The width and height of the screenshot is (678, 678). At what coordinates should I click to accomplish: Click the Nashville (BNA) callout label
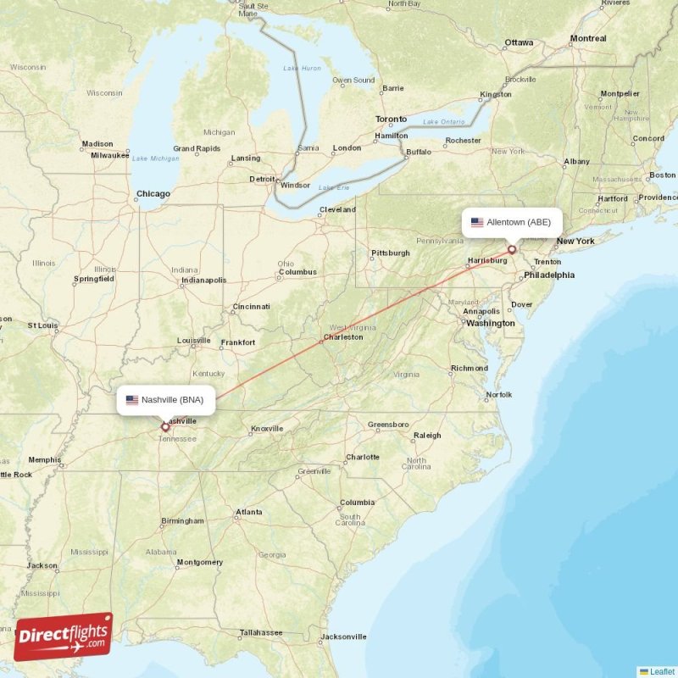pos(166,399)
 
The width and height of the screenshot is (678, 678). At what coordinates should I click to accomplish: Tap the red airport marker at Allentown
pos(512,249)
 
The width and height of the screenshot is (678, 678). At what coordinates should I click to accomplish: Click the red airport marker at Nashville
pos(165,427)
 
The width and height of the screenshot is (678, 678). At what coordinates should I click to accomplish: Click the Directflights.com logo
pos(63,636)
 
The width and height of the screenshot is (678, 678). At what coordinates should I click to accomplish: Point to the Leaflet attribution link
pos(659,671)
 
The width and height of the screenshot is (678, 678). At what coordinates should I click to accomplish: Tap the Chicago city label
pos(153,194)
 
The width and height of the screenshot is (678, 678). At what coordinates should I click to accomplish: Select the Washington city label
pos(490,323)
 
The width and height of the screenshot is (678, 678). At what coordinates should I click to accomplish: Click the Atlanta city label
pos(248,512)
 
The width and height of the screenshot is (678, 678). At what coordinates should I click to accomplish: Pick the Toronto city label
pos(391,119)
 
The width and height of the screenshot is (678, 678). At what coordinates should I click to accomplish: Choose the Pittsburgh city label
pos(390,253)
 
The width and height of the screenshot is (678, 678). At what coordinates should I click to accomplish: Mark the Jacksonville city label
pos(342,636)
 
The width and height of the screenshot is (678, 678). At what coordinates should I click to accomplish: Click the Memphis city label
pos(44,460)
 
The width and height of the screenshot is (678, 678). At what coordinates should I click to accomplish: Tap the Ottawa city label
pos(519,42)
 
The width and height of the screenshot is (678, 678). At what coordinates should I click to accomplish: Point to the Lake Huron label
pos(303,68)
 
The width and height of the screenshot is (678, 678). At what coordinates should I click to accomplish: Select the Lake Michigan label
pos(155,158)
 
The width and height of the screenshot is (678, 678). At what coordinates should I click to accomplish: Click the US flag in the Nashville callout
pos(132,399)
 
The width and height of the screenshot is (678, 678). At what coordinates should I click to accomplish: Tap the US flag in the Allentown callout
pos(477,222)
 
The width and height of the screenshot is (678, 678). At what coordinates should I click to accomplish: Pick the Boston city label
pos(662,175)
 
